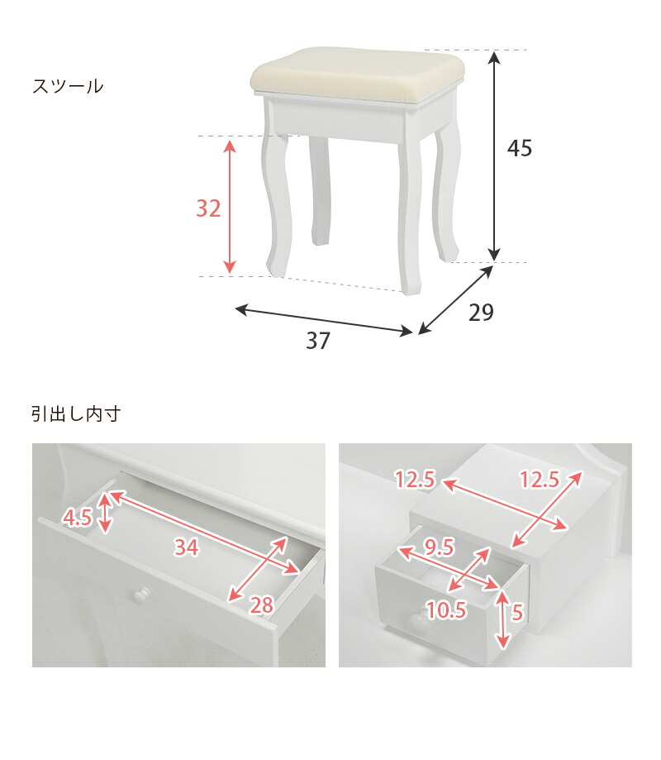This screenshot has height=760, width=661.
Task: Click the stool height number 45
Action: [x=520, y=149]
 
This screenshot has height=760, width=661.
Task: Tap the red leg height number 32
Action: [x=208, y=209]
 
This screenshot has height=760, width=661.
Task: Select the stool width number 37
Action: [x=317, y=341]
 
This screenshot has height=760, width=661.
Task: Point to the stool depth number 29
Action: [x=481, y=313]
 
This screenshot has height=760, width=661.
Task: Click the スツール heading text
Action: [x=68, y=86]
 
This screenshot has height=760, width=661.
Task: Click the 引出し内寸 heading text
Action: [x=76, y=413]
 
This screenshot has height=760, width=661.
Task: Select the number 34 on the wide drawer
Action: [x=186, y=546]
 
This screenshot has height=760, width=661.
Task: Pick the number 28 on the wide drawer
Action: [x=261, y=605]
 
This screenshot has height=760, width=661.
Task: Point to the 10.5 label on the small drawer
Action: [x=447, y=610]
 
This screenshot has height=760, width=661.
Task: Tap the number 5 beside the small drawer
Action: [x=516, y=614]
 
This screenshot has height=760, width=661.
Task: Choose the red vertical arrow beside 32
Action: [x=231, y=207]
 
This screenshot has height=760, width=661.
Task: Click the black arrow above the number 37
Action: [x=324, y=322]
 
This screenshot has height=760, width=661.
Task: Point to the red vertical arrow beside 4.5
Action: [x=105, y=513]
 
